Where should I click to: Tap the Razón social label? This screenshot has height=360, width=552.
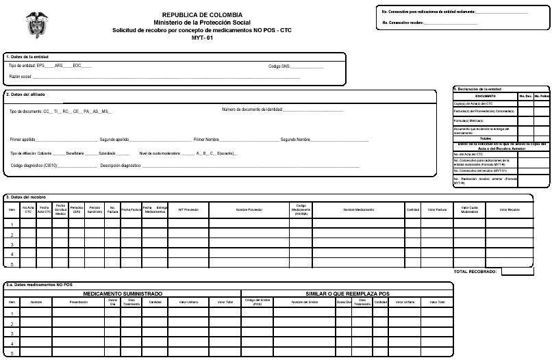(21, 77)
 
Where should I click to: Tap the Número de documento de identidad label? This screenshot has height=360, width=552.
(252, 110)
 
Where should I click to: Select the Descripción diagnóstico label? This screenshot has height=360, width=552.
(121, 166)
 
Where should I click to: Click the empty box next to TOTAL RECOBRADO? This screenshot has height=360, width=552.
(517, 272)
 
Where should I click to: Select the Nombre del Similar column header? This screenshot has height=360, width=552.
(306, 301)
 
